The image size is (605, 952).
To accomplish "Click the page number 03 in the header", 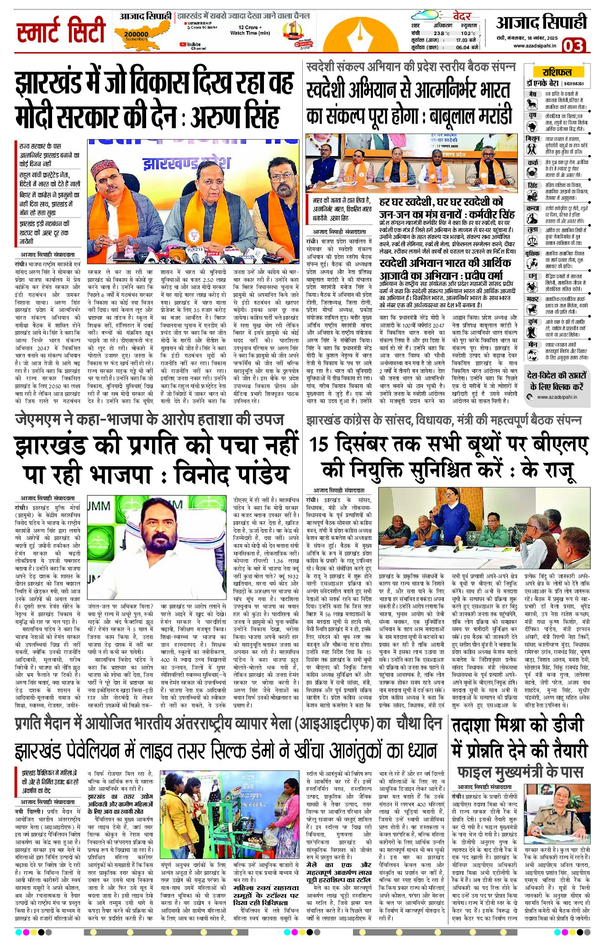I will click(573, 46).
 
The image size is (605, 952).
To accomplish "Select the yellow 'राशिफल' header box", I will click(557, 72).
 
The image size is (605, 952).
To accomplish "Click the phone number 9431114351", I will click(573, 84).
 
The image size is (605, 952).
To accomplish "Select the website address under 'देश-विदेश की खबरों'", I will click(557, 397).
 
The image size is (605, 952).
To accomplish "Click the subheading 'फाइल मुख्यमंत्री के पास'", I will click(520, 772).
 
